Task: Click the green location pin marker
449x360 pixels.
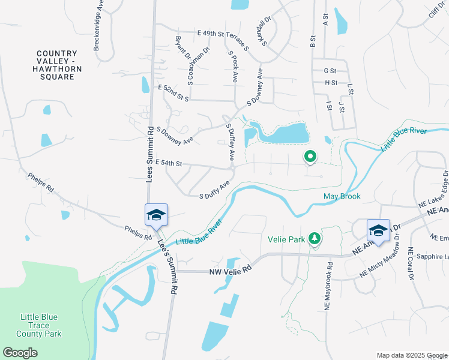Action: [310, 157]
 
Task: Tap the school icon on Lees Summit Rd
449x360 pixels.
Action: [156, 214]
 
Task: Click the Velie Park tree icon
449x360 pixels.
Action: [314, 239]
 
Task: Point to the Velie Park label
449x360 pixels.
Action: [286, 239]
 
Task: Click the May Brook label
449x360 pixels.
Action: [342, 196]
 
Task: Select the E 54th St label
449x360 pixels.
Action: [168, 163]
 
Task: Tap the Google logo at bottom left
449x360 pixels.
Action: [20, 353]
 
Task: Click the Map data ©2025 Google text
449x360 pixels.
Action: [411, 355]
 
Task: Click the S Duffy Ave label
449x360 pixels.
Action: [215, 191]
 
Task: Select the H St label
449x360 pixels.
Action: [331, 82]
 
